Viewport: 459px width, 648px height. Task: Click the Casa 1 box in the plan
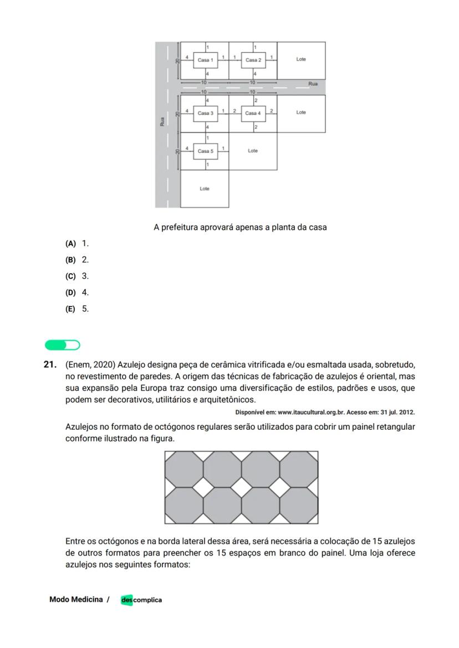205,60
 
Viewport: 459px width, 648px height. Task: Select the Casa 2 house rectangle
253,60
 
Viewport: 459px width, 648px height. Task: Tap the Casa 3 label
205,113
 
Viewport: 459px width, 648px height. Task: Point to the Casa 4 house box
253,113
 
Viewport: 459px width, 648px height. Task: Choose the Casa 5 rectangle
205,151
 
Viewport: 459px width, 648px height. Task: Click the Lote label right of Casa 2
301,59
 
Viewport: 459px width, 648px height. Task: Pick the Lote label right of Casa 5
253,151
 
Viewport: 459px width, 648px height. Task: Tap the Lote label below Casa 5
205,189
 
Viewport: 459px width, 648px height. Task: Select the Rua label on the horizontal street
313,84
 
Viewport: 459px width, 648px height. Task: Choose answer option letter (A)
70,243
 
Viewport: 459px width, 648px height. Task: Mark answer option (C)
70,276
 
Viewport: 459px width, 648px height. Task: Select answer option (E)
70,309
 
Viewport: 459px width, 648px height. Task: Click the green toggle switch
63,345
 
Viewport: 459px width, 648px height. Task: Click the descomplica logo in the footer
141,600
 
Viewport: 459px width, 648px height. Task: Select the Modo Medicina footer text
76,599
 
